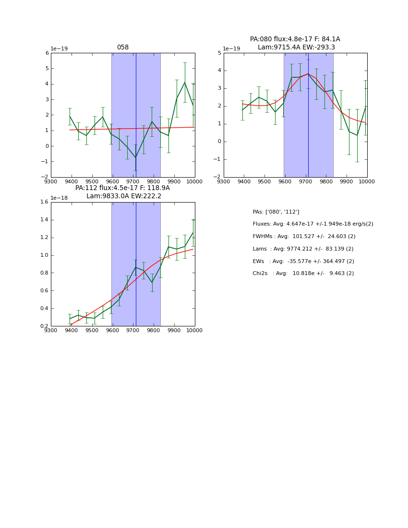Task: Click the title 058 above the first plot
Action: tap(123, 48)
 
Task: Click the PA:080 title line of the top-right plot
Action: tap(295, 39)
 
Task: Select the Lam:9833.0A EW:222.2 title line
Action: tap(124, 196)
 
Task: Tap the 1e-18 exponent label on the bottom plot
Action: tap(59, 198)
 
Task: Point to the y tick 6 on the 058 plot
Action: tap(47, 53)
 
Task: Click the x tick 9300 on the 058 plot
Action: tap(51, 181)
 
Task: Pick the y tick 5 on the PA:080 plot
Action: tap(219, 53)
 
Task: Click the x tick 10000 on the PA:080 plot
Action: tap(367, 181)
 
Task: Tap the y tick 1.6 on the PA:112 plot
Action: tap(44, 202)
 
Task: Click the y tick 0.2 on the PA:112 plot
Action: tap(44, 326)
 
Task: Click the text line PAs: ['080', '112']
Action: tap(276, 212)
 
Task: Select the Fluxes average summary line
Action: tap(312, 224)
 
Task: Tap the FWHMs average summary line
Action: tap(304, 237)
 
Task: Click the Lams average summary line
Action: tap(303, 249)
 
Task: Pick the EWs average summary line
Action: tap(303, 262)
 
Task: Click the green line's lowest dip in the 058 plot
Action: tap(135, 157)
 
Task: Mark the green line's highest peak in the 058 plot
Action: tap(185, 82)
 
